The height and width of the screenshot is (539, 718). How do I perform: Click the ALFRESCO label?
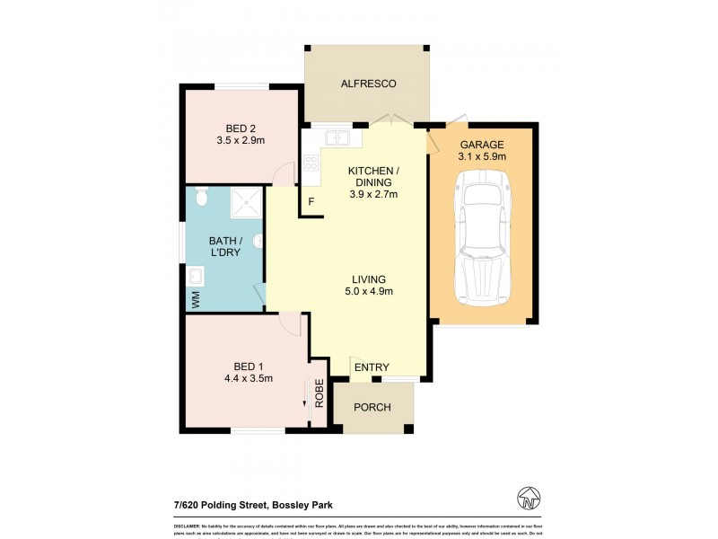[x=368, y=84]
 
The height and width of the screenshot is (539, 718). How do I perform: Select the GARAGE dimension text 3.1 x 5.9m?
[x=483, y=156]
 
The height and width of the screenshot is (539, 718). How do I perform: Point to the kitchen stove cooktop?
[x=311, y=163]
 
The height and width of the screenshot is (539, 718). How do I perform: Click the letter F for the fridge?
[x=311, y=201]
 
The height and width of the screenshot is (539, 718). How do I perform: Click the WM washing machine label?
[x=193, y=297]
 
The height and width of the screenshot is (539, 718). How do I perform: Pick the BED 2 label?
[x=241, y=127]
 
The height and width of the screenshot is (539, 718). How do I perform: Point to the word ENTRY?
[x=372, y=367]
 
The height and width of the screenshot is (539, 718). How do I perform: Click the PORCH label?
[x=372, y=407]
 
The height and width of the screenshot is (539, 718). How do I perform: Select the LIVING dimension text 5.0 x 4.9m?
[x=370, y=290]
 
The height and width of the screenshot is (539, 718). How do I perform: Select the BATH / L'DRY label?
[x=223, y=247]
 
